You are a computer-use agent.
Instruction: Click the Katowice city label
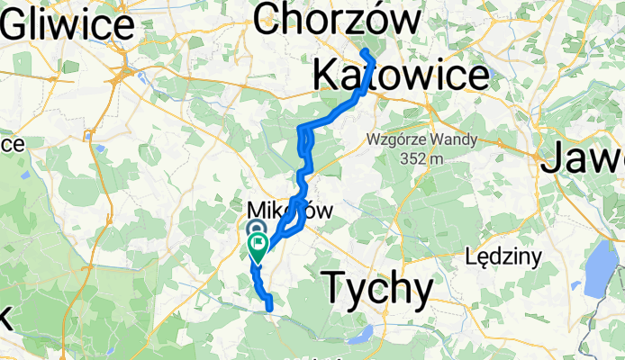pos(402,74)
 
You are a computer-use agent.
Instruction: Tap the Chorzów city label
pos(337,18)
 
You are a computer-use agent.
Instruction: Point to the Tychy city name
pos(377,287)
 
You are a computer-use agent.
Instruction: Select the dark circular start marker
pos(255,230)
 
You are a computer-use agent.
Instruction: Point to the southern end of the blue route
pos(269,309)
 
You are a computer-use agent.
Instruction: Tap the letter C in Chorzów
pos(270,18)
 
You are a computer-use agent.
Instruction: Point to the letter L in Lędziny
pos(473,257)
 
